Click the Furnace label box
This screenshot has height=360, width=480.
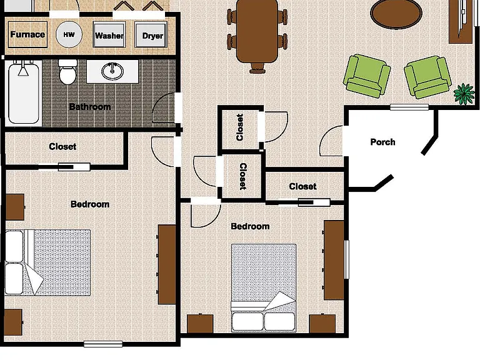(27, 34)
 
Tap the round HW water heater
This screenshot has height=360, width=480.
(69, 34)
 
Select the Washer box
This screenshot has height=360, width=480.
(109, 34)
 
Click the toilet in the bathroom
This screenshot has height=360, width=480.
(67, 72)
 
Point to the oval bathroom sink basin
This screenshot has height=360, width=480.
(112, 71)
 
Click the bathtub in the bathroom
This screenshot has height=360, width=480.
(24, 92)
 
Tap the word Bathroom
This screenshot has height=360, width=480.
(90, 107)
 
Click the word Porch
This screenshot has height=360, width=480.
(382, 142)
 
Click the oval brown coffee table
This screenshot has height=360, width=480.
(396, 14)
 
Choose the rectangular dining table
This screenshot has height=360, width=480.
(257, 31)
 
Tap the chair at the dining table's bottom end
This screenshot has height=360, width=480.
(257, 68)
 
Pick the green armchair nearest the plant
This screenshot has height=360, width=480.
(427, 77)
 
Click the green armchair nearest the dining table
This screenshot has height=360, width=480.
(367, 76)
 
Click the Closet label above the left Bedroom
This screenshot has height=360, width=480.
(62, 146)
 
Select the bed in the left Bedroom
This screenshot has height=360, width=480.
(47, 262)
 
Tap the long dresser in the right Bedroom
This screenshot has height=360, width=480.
(334, 260)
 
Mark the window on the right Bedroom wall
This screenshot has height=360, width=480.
(346, 259)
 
